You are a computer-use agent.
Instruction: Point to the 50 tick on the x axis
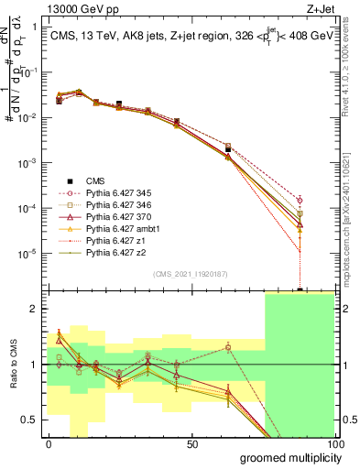point(192,443)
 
